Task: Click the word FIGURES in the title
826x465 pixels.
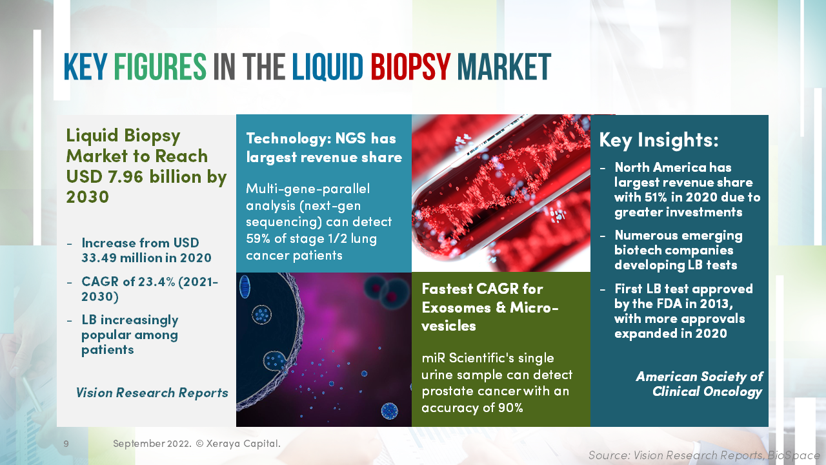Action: pyautogui.click(x=160, y=67)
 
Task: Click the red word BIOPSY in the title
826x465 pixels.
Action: pyautogui.click(x=410, y=67)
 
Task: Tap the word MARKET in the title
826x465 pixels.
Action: pyautogui.click(x=504, y=67)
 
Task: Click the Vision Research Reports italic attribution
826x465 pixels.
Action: pyautogui.click(x=152, y=393)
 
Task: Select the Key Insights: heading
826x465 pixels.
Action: pyautogui.click(x=658, y=140)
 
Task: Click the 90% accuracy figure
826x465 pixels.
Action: pyautogui.click(x=508, y=408)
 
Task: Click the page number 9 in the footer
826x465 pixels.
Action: pyautogui.click(x=66, y=444)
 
